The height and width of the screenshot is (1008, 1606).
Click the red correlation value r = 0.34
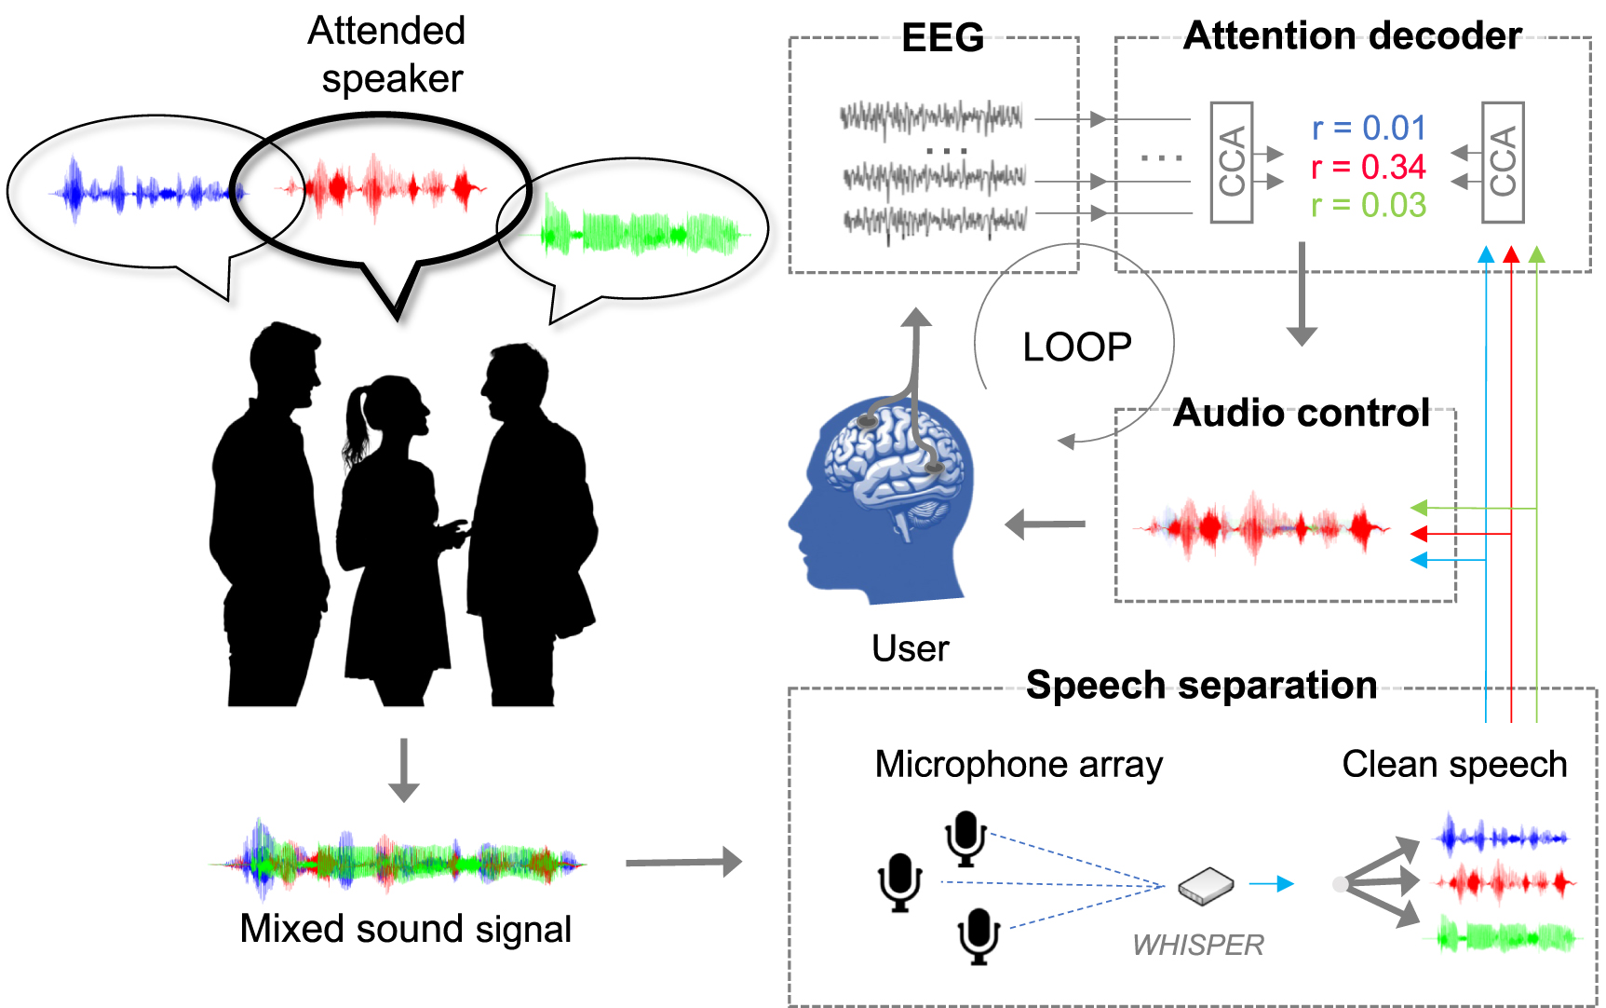coord(1368,167)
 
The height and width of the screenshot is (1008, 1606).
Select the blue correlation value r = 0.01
coord(1368,128)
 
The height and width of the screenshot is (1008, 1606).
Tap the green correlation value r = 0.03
coord(1368,205)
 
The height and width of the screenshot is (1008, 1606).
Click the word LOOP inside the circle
coord(1076,347)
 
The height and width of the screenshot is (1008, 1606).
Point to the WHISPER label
coord(1197,945)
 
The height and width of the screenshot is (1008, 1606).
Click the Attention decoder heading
coord(1352,36)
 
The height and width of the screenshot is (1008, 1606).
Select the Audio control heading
coord(1301,413)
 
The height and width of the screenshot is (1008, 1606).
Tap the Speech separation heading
coord(1201,686)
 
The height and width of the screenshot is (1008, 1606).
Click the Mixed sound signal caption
coord(405,929)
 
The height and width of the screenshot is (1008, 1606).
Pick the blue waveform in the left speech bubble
coord(144,192)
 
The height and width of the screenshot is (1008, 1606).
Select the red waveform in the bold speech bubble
coord(382,187)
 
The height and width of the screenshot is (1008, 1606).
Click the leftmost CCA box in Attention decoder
coord(1231,162)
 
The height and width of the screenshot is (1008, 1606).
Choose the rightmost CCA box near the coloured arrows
coord(1502,162)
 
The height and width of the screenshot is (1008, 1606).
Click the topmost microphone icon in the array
coord(965,837)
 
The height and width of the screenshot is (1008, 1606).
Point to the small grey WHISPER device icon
coord(1206,885)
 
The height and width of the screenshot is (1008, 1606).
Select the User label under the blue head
coord(910,648)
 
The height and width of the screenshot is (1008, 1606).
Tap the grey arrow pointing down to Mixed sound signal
coord(403,770)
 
